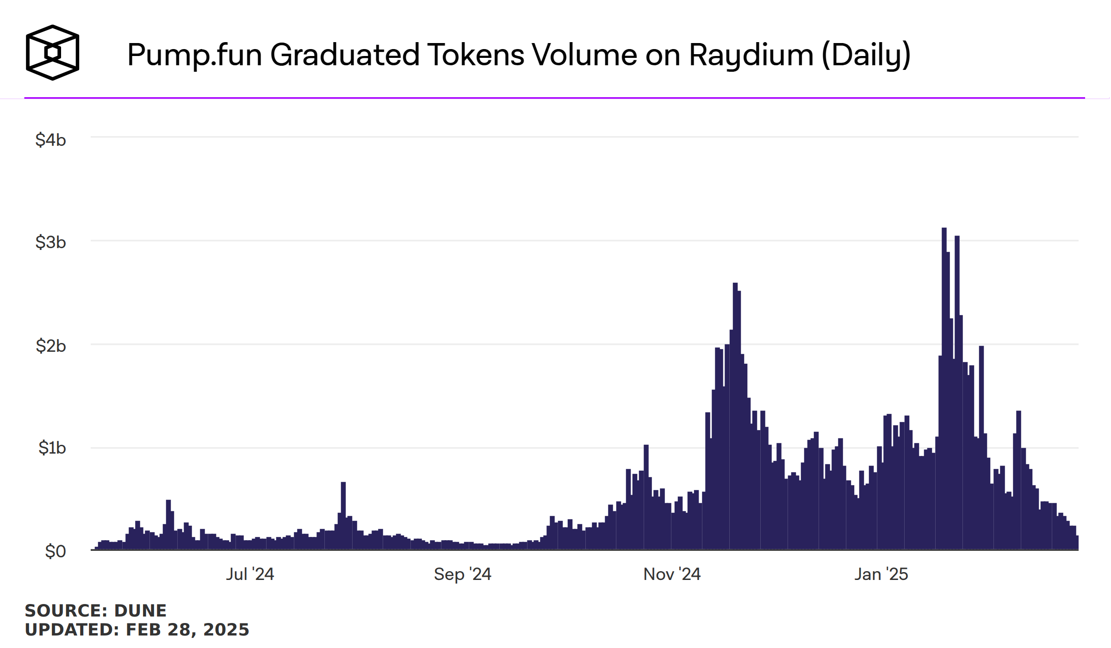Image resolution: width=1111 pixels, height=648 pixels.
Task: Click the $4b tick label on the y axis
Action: pos(50,140)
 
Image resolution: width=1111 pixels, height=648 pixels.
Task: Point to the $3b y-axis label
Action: pos(50,242)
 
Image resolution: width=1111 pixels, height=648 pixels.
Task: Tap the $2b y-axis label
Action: pos(50,346)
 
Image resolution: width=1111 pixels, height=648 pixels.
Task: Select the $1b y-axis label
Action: pos(52,448)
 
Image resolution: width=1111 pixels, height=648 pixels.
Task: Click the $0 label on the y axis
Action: pos(55,551)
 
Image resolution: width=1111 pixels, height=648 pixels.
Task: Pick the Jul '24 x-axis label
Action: pos(250,574)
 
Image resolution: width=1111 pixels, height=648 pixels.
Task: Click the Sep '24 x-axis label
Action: pos(462,574)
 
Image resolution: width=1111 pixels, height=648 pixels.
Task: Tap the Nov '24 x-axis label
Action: pos(672,574)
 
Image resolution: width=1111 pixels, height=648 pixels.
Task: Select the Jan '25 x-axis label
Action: pos(881,574)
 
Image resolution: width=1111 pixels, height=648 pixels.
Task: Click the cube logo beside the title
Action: pos(52,53)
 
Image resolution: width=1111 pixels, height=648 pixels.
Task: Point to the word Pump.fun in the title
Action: pos(194,55)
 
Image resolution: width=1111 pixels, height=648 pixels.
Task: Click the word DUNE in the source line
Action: pos(140,611)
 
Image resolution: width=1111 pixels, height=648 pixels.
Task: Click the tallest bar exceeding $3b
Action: pos(944,389)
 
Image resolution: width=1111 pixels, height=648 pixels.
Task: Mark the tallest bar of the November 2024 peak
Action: pos(735,417)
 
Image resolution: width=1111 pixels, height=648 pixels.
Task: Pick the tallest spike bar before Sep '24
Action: pos(343,514)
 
